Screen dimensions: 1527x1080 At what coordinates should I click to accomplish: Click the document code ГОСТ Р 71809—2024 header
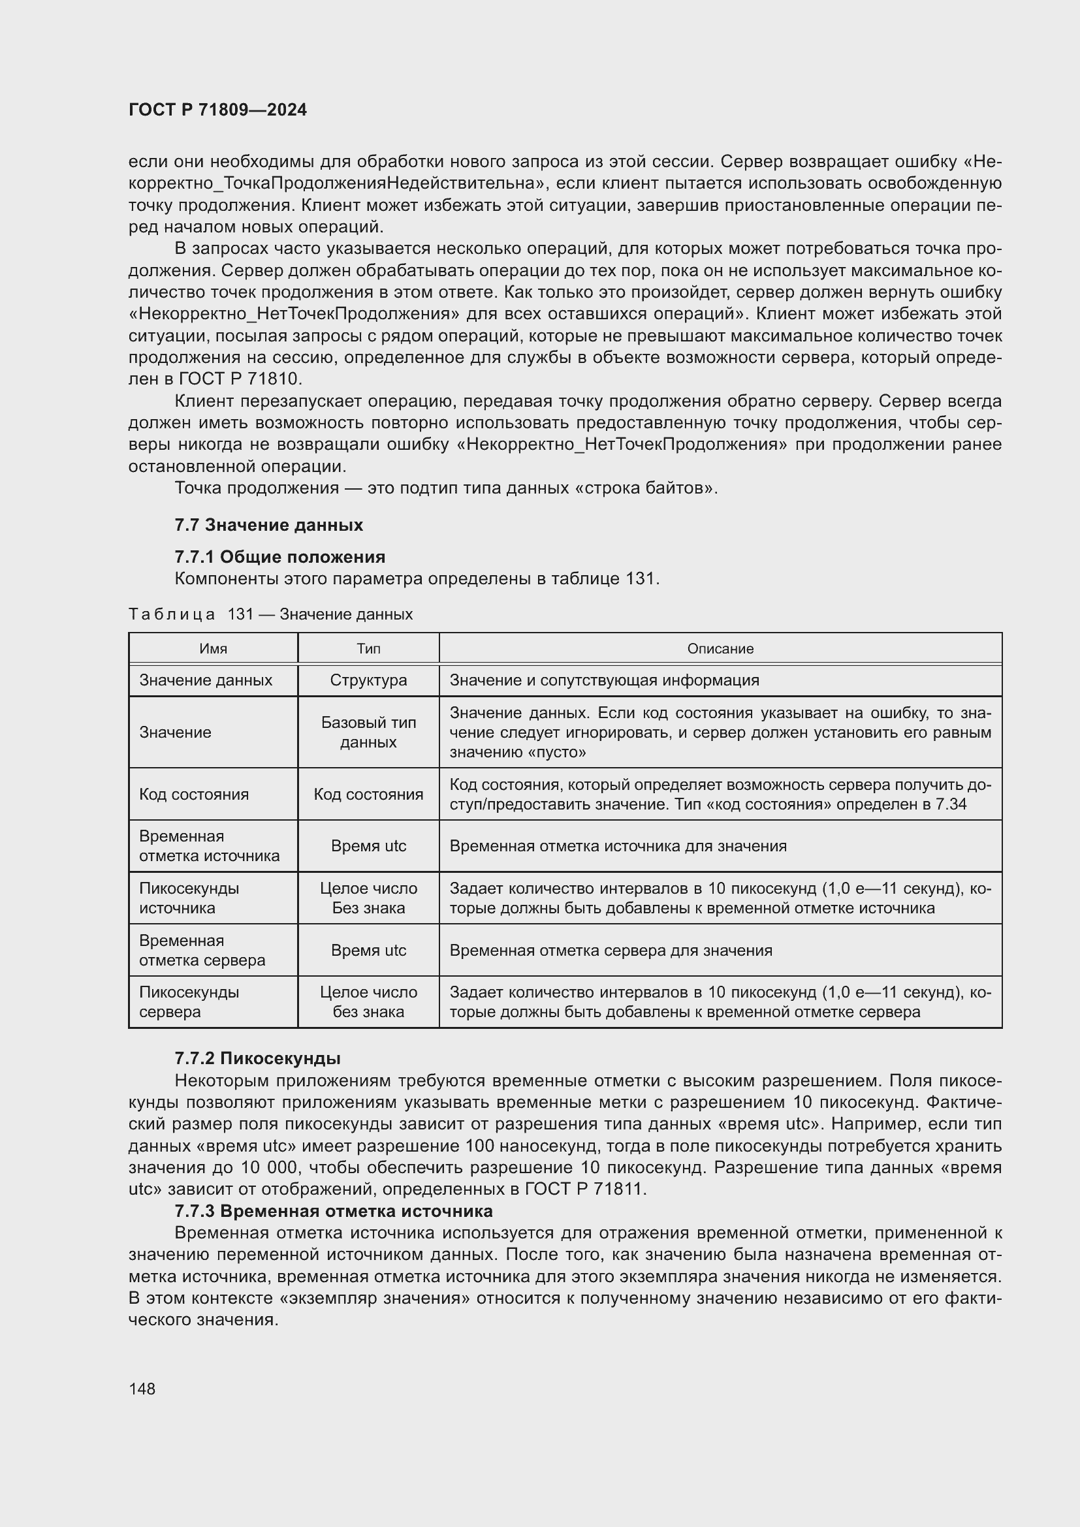(217, 110)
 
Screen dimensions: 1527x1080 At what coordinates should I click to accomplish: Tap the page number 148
(142, 1389)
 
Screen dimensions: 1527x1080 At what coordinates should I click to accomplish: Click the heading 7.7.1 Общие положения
(279, 557)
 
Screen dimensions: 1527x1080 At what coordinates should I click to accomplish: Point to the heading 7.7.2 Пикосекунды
(257, 1058)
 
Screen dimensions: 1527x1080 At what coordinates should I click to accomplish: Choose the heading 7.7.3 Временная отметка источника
(333, 1210)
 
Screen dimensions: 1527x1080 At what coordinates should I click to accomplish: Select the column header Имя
(213, 648)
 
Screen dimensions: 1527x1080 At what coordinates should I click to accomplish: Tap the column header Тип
(368, 648)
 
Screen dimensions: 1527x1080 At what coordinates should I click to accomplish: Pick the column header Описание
(720, 648)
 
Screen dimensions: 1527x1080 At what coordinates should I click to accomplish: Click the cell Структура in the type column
(368, 680)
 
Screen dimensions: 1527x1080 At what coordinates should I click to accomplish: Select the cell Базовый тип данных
(368, 732)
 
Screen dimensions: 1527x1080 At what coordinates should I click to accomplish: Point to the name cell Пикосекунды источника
(189, 898)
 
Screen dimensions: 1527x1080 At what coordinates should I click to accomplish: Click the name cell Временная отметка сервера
(202, 950)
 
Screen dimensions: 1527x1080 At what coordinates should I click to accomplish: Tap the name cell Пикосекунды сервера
(189, 1001)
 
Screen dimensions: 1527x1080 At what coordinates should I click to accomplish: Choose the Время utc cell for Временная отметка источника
(368, 846)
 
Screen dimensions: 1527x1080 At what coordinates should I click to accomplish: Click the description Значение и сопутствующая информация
(604, 680)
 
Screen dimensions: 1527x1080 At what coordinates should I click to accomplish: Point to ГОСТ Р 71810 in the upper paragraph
(240, 379)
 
